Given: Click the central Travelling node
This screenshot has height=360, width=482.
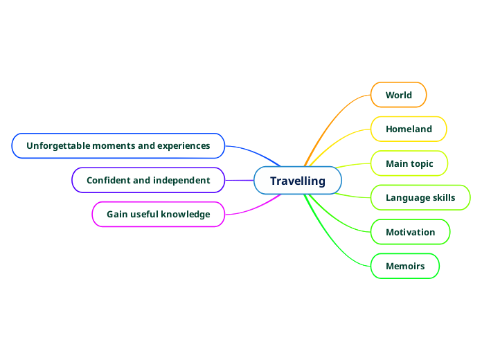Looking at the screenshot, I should pos(298,181).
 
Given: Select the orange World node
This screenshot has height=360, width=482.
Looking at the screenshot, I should pos(398,95).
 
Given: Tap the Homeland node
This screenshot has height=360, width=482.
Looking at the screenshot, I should pos(409,129).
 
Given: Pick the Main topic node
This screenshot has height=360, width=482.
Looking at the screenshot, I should pos(409,163).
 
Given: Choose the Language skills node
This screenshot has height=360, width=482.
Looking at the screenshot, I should pos(420,197).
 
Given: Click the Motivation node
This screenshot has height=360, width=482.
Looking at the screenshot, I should pos(410,232).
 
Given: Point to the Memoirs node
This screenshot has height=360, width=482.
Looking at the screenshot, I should pos(405,266).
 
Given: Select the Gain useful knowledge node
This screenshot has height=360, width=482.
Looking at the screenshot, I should pos(159,214).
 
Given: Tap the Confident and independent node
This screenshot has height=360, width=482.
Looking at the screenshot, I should pos(148,180).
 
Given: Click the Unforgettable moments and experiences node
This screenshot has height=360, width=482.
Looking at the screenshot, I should pos(118,145).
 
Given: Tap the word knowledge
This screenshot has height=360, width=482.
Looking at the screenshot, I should pos(185,214).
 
